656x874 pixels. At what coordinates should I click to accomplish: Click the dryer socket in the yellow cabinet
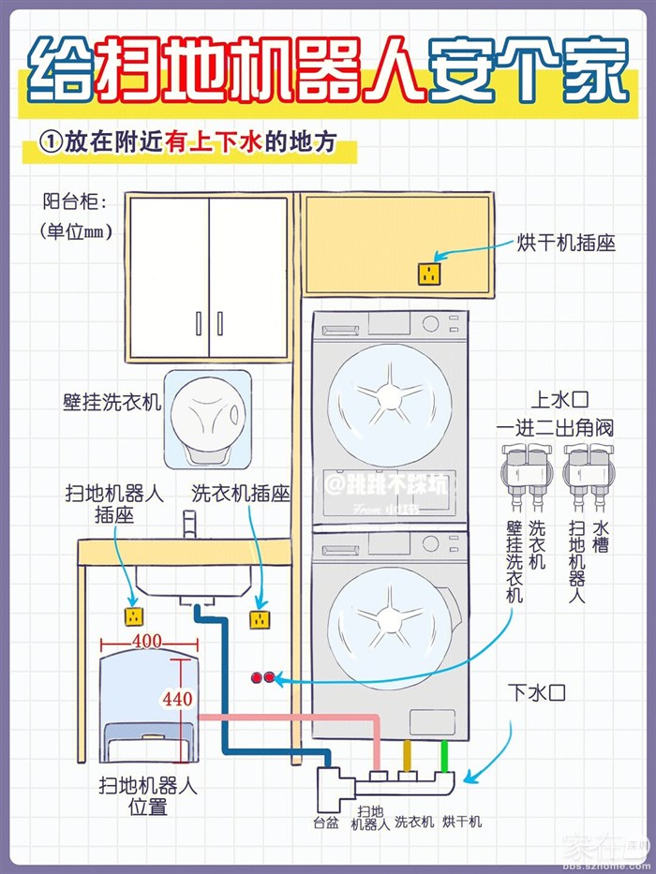[x=428, y=274]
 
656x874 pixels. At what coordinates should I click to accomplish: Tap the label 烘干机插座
[x=566, y=243]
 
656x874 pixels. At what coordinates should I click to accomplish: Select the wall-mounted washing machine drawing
[x=207, y=419]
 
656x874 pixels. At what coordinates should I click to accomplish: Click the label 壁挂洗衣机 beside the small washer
[x=112, y=403]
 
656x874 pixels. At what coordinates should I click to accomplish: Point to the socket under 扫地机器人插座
[x=133, y=616]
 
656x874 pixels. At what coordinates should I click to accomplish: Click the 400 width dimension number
[x=148, y=642]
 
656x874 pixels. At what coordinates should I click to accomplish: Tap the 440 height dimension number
[x=176, y=698]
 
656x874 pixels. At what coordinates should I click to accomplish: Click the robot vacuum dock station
[x=146, y=712]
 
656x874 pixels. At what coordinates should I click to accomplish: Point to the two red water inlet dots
[x=263, y=677]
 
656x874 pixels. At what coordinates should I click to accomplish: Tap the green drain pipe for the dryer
[x=445, y=756]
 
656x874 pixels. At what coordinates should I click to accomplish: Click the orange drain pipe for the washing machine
[x=407, y=756]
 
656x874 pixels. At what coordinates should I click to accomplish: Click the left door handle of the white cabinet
[x=198, y=323]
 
